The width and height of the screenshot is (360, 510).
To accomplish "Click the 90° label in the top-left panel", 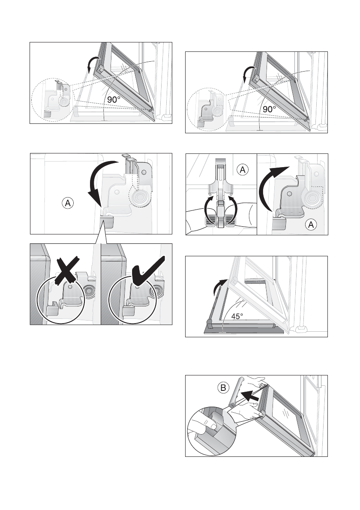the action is (x=114, y=99).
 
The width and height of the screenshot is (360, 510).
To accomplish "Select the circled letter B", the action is (x=223, y=388).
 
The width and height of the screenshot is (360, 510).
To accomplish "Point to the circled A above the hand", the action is (x=243, y=170).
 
